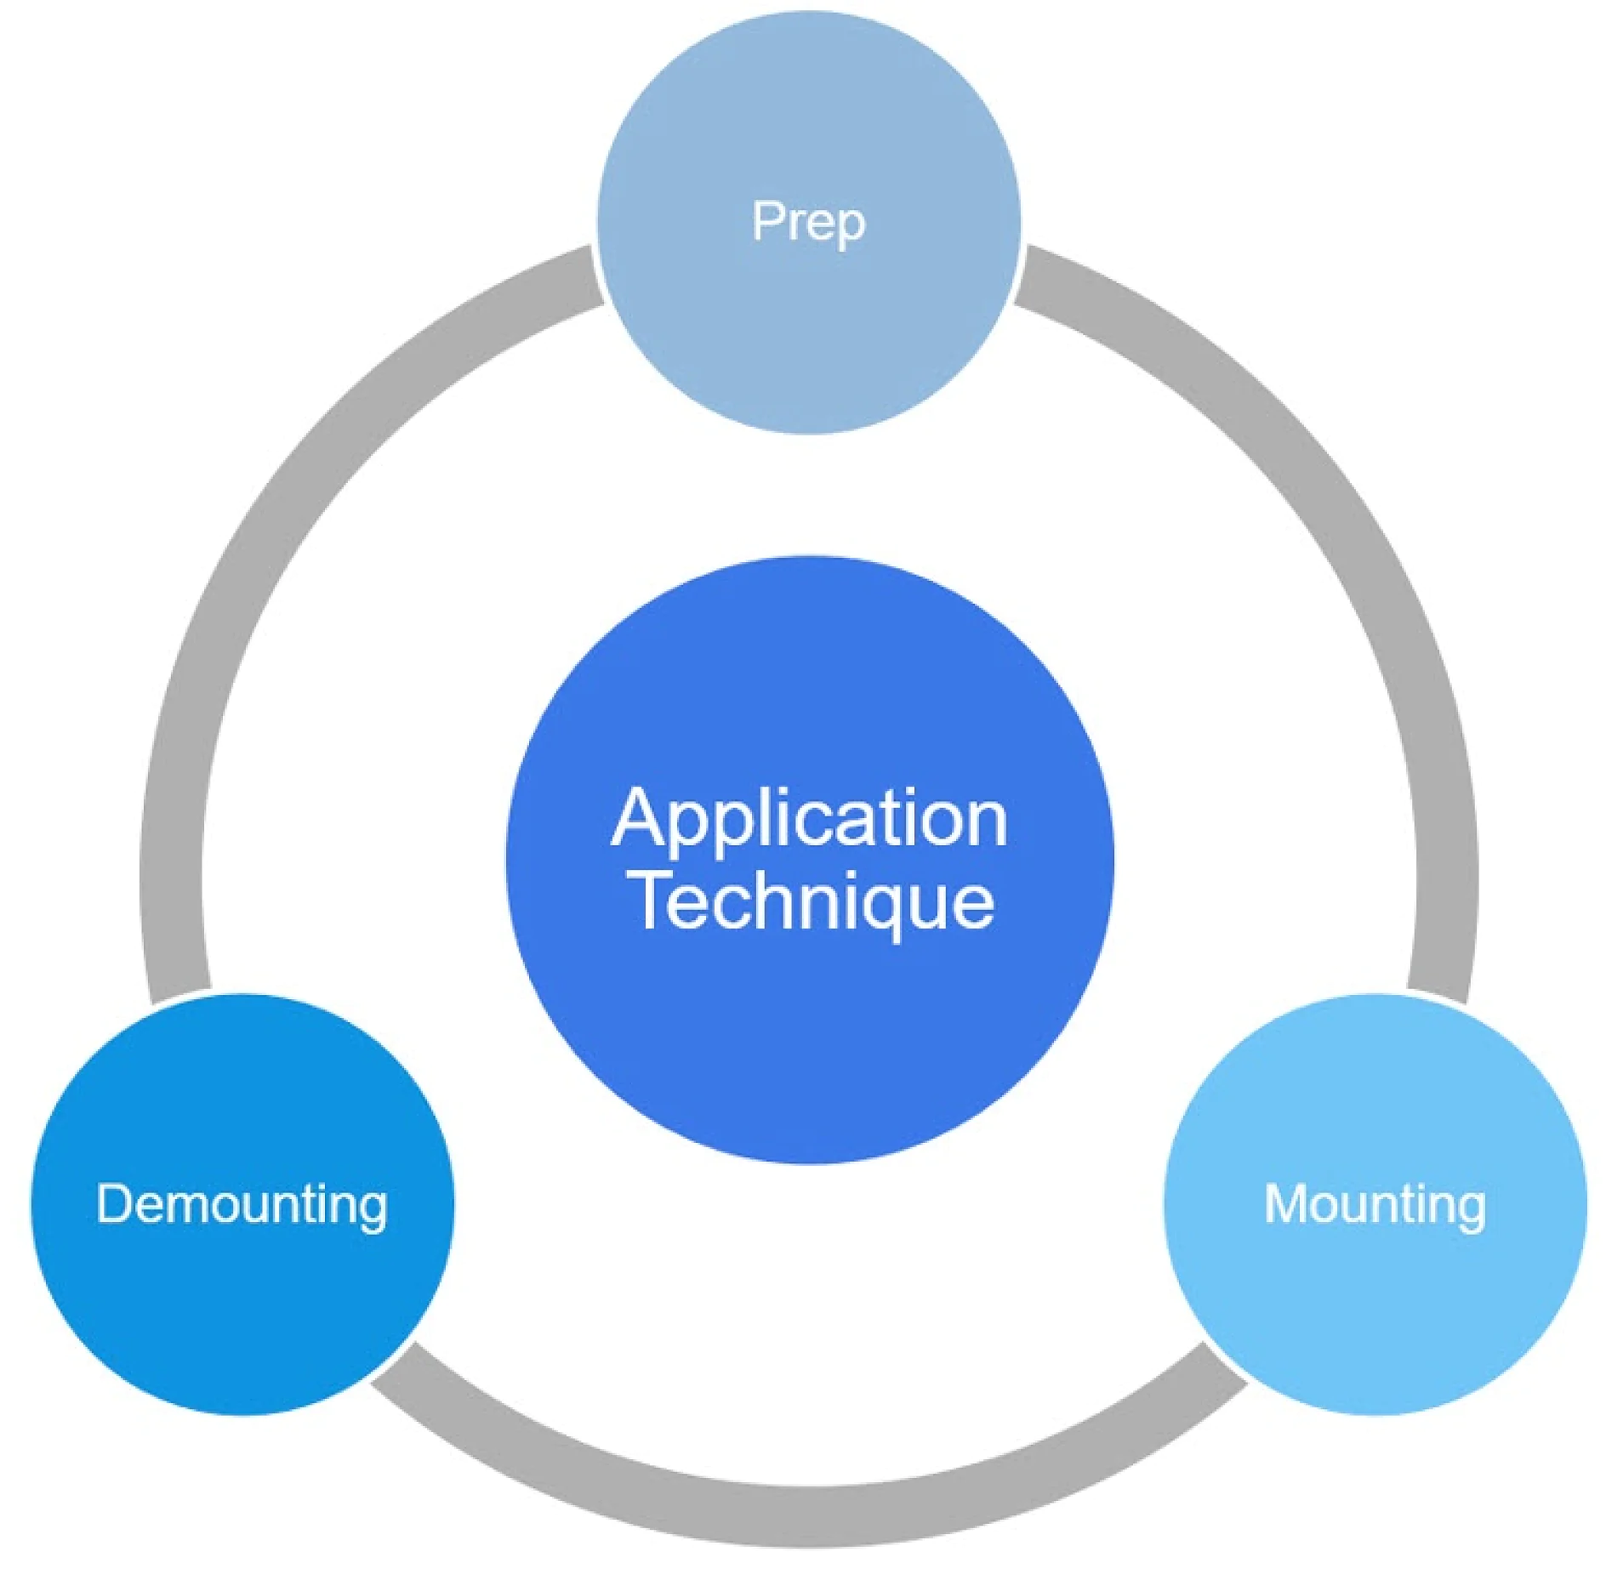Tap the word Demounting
pyautogui.click(x=242, y=1204)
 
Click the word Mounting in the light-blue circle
pyautogui.click(x=1375, y=1204)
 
